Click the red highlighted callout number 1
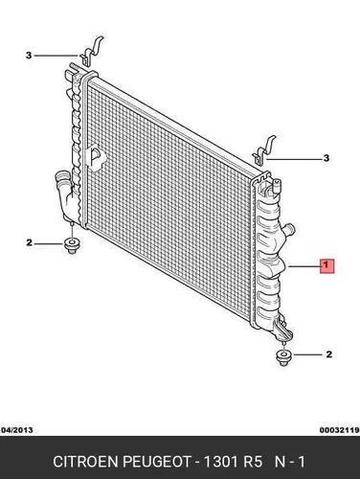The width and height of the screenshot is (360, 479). click(326, 265)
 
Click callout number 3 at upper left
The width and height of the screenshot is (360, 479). click(29, 56)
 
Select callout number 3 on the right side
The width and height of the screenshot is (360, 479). click(326, 158)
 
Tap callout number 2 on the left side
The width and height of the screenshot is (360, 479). click(29, 243)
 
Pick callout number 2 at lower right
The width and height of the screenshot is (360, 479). click(328, 354)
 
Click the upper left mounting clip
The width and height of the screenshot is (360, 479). click(91, 53)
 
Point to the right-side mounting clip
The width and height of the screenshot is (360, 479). click(263, 150)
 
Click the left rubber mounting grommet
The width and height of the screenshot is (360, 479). click(72, 246)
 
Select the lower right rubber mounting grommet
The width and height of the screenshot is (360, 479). click(283, 357)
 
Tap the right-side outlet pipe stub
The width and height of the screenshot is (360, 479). click(290, 230)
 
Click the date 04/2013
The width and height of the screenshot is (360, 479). click(17, 430)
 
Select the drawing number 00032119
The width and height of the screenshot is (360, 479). click(340, 430)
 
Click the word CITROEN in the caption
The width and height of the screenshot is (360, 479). click(86, 462)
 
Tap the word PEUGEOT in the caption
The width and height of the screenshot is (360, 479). click(157, 462)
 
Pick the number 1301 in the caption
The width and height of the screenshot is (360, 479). click(221, 462)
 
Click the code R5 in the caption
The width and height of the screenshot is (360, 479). click(253, 462)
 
